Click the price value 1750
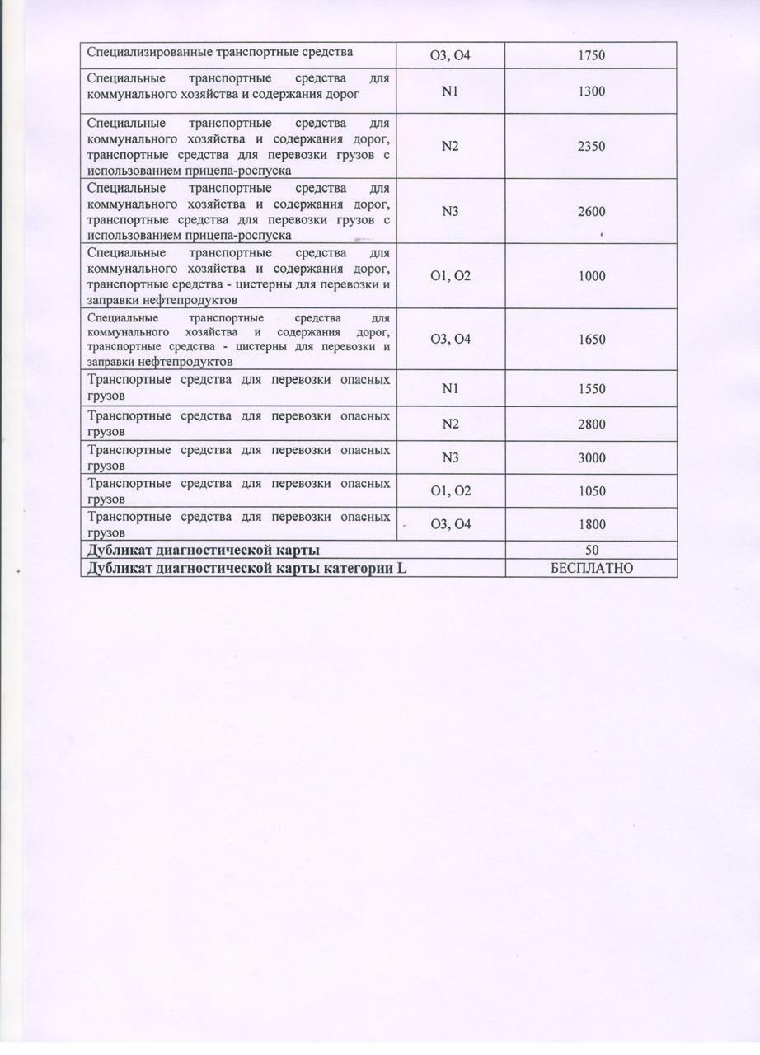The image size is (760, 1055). click(x=591, y=56)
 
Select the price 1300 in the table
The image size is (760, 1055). click(x=591, y=91)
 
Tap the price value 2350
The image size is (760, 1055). click(x=591, y=147)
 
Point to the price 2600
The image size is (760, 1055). click(x=591, y=212)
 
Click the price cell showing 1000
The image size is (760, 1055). click(x=591, y=276)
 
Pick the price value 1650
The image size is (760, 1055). click(x=591, y=340)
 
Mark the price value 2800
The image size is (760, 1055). click(x=591, y=424)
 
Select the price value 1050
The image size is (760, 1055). click(x=591, y=491)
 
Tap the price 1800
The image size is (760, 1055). click(x=591, y=524)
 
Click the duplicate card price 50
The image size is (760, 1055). click(x=591, y=550)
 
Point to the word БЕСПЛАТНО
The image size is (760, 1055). click(x=591, y=569)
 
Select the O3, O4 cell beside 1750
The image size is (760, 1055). click(x=450, y=56)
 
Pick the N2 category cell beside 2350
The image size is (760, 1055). click(x=450, y=147)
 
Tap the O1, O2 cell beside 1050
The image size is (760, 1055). click(x=450, y=491)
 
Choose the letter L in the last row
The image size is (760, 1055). click(x=402, y=569)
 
